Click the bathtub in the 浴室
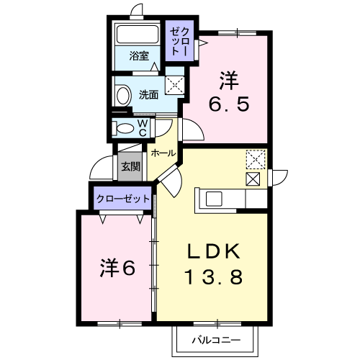pos(138,34)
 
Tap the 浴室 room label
pos(139,55)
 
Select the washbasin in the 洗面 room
pos(123,96)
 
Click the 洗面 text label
pos(149,95)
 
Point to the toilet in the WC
pos(123,128)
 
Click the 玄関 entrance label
pos(130,166)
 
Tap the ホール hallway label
pos(163,153)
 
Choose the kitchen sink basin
pos(214,199)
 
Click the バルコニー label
pos(216,340)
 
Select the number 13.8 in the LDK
pos(214,276)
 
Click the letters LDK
pos(214,251)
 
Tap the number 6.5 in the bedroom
pos(229,104)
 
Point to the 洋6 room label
pos(117,268)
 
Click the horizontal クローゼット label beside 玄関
pos(123,199)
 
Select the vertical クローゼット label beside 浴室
pos(179,41)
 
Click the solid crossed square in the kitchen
pos(253,179)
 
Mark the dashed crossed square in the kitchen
pos(256,159)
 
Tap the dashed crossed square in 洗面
pos(174,85)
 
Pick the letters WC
pos(143,128)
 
